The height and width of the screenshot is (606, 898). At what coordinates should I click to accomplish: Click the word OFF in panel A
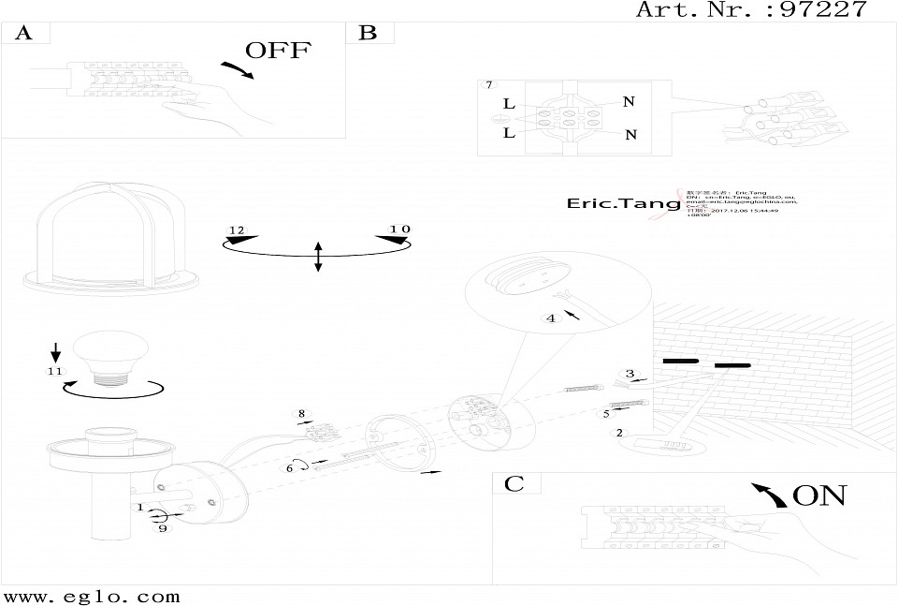(x=277, y=51)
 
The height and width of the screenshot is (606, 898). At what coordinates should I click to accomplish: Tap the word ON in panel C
(x=818, y=495)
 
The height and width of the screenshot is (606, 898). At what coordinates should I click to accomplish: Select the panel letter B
(x=368, y=33)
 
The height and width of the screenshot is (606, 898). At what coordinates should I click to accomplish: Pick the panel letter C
(x=514, y=484)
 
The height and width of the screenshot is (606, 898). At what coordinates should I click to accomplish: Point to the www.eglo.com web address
(x=92, y=596)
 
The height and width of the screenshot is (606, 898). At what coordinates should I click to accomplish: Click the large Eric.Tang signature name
(x=613, y=203)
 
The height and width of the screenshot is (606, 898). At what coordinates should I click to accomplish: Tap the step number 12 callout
(x=236, y=230)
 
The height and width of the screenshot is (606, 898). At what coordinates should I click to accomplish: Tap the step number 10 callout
(x=400, y=229)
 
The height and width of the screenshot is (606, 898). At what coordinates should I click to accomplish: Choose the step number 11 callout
(x=55, y=372)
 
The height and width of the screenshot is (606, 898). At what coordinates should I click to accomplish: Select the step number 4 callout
(x=551, y=318)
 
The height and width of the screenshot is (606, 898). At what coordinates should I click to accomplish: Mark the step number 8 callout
(x=301, y=413)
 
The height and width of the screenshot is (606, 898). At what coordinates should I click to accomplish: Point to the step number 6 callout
(x=291, y=466)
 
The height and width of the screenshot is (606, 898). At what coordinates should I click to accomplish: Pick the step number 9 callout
(x=162, y=529)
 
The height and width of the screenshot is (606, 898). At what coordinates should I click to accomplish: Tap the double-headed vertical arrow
(x=318, y=256)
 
